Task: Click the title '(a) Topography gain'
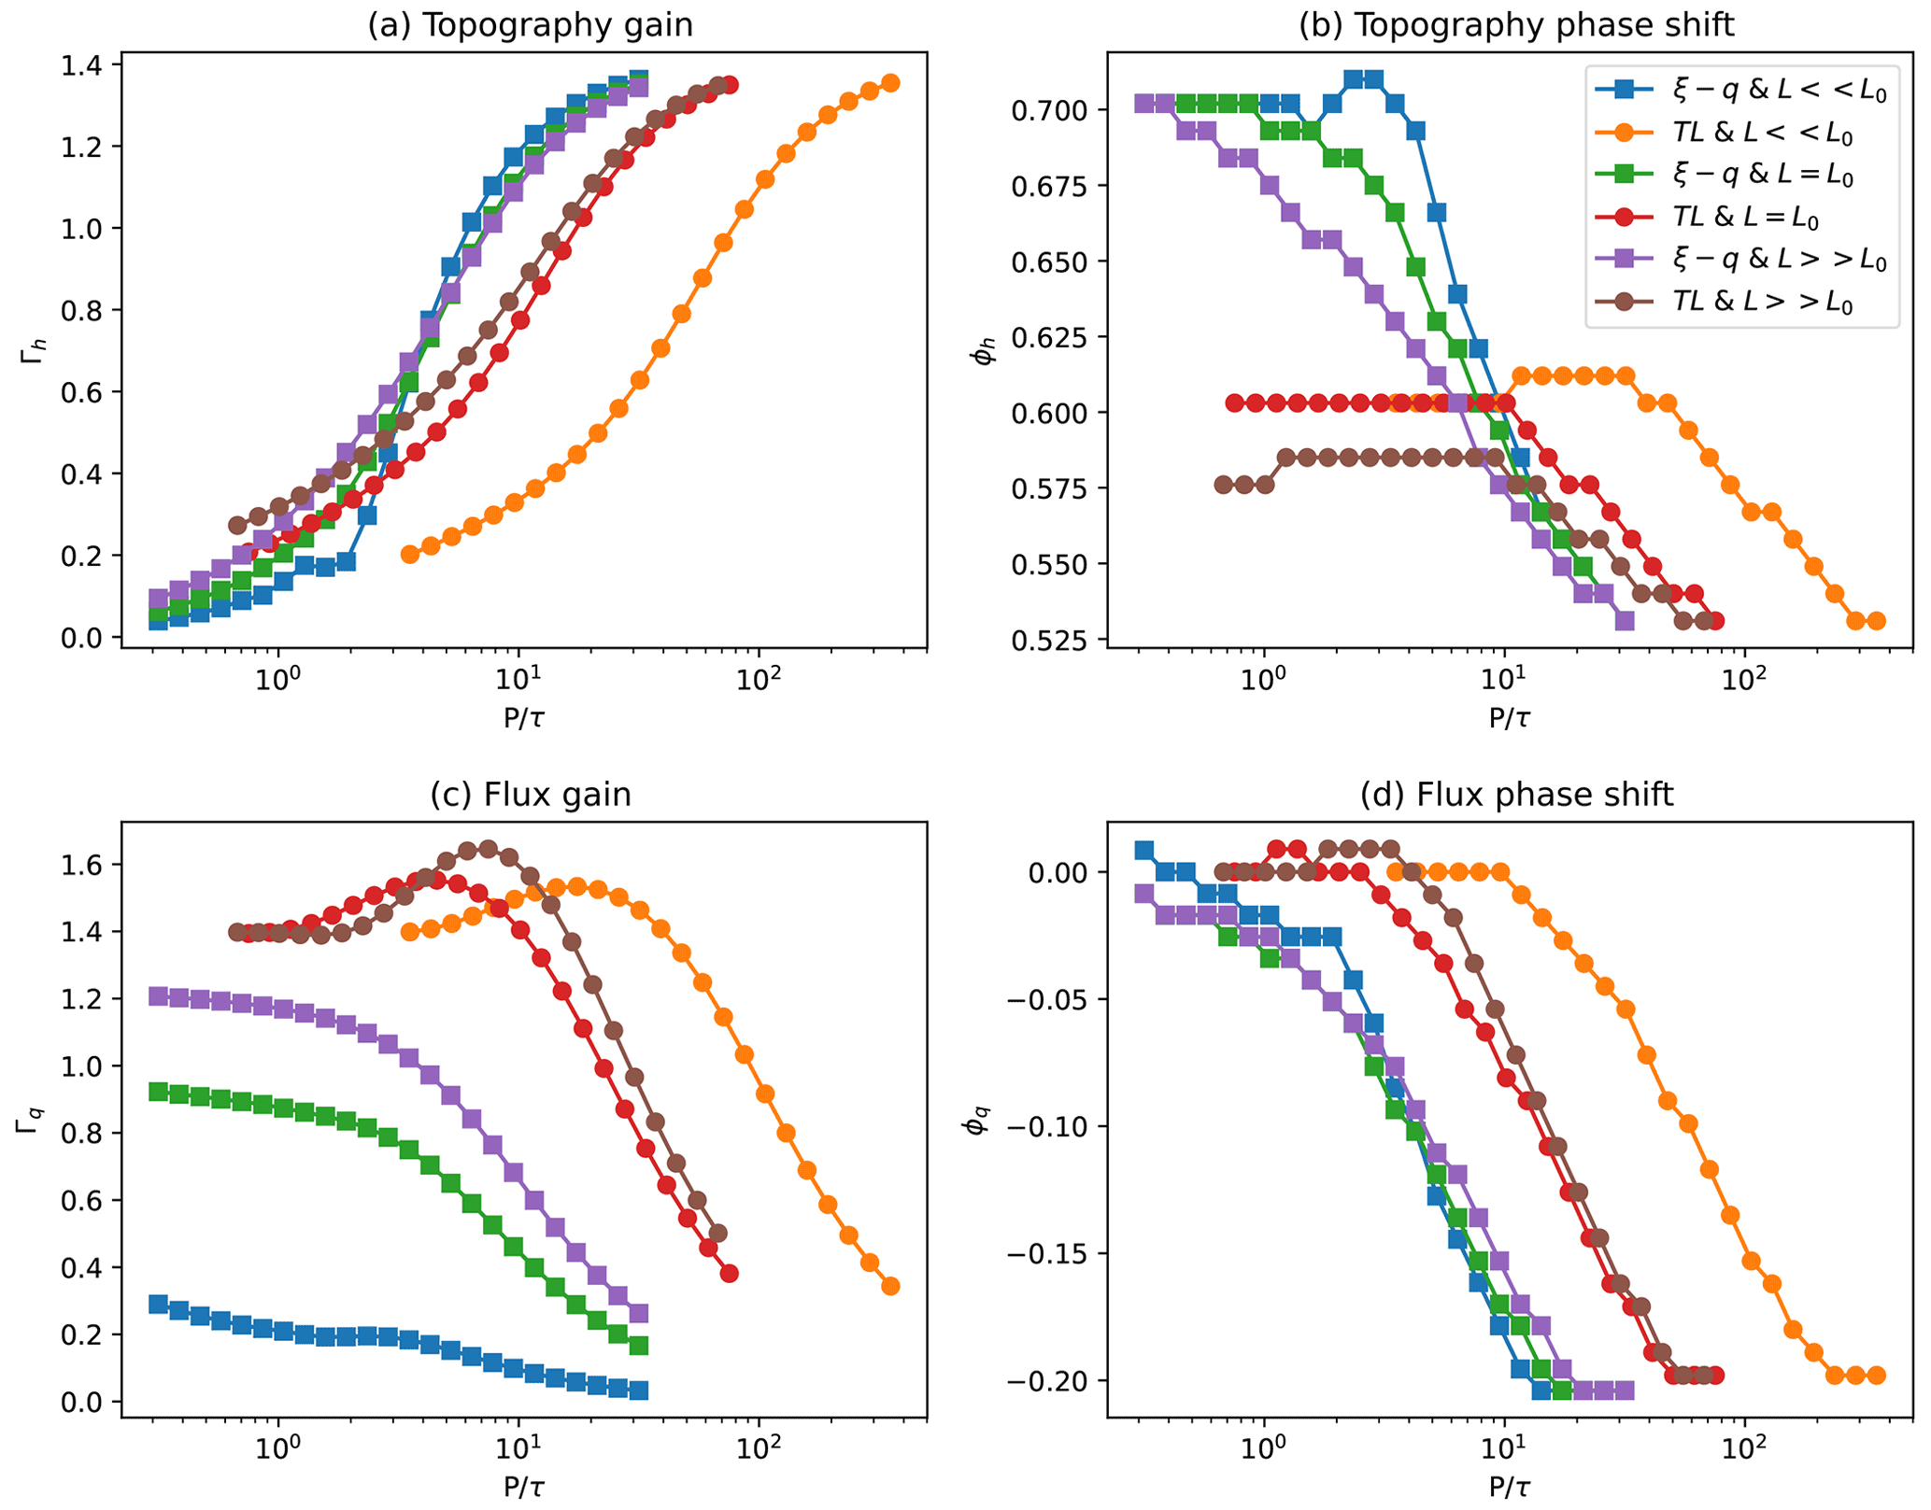[x=530, y=25]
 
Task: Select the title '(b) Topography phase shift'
[x=1515, y=25]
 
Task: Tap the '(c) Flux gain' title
[x=530, y=795]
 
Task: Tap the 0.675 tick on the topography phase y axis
[x=1047, y=186]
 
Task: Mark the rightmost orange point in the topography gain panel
[x=890, y=83]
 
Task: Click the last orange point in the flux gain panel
[x=890, y=1286]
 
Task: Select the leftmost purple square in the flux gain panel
[x=159, y=996]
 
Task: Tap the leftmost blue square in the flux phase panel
[x=1143, y=851]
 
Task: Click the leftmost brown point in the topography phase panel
[x=1224, y=485]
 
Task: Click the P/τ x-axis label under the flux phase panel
[x=1509, y=1488]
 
